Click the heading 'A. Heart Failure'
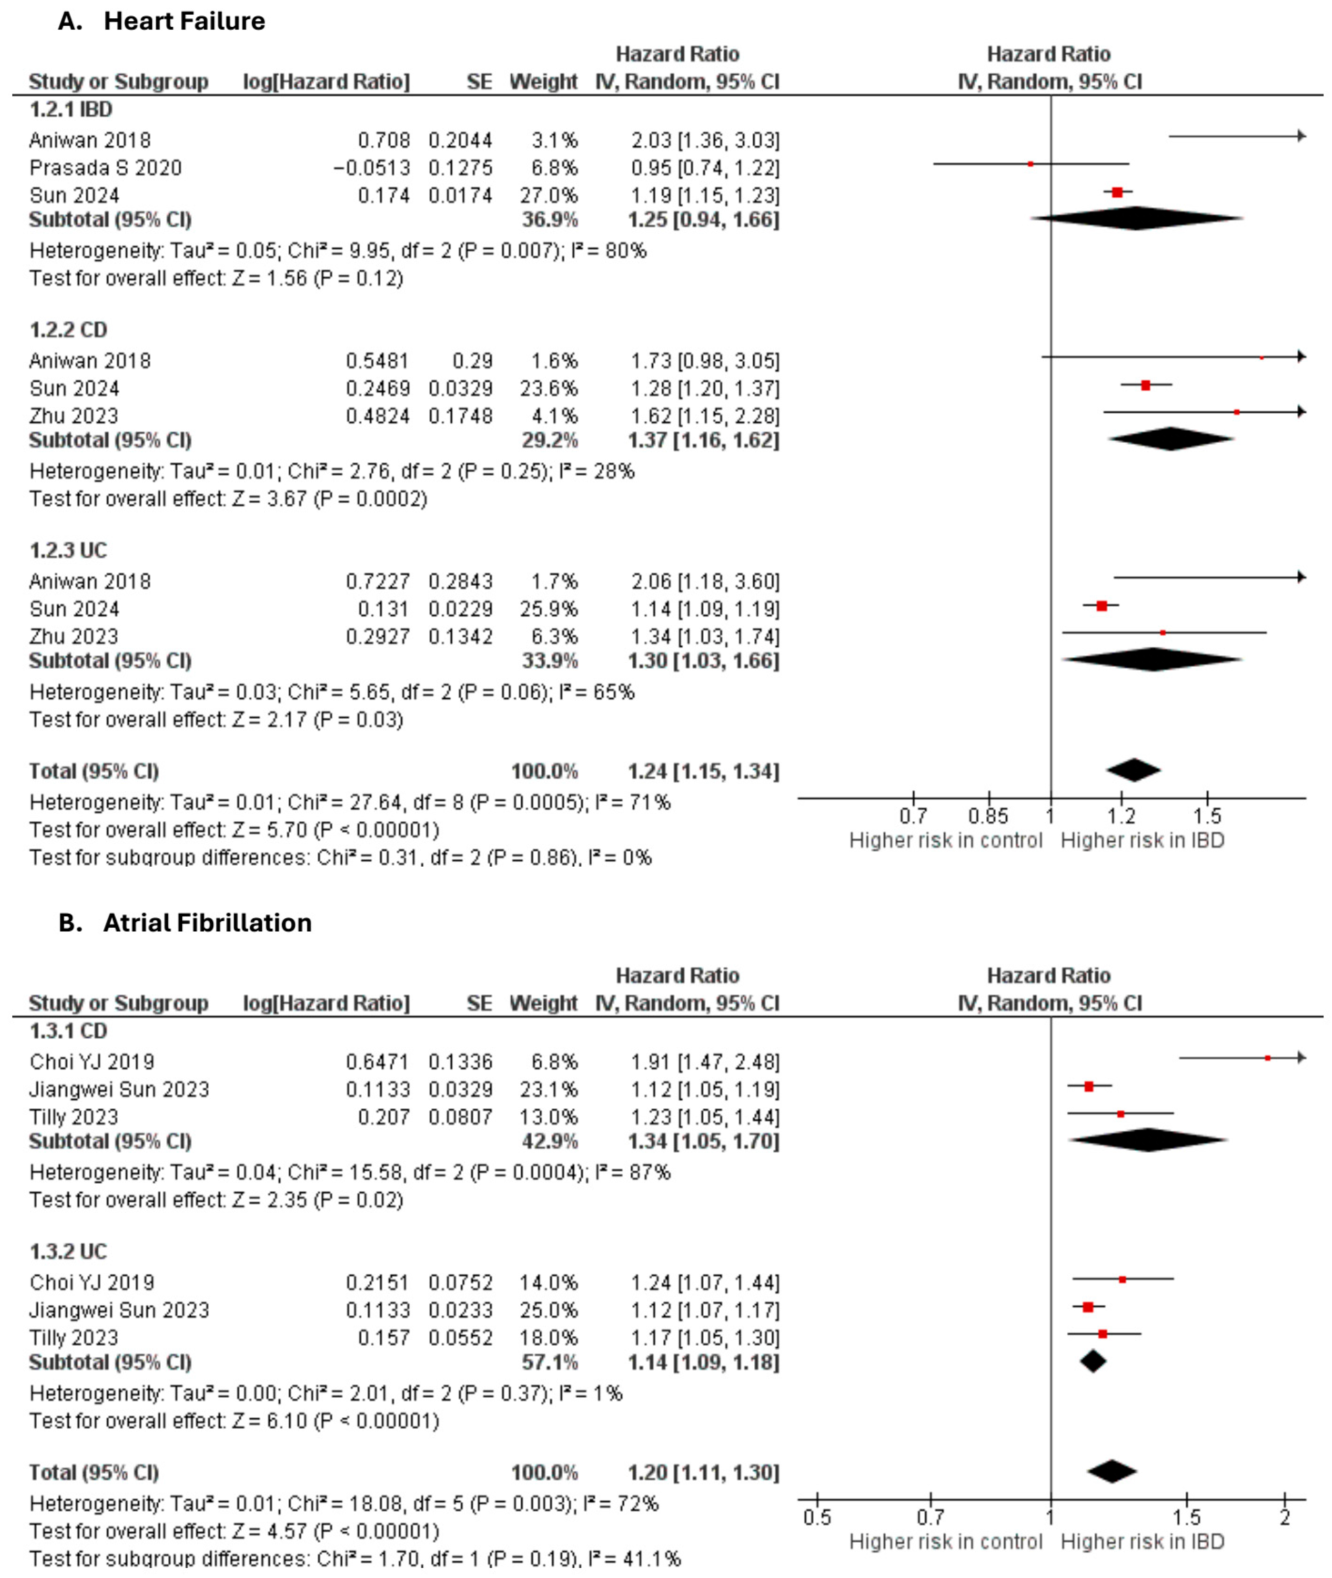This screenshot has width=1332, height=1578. tap(162, 21)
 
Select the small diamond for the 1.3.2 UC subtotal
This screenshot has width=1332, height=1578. tap(1093, 1361)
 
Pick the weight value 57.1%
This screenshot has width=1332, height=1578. tap(549, 1362)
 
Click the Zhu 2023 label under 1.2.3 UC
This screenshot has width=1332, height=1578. tap(74, 637)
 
